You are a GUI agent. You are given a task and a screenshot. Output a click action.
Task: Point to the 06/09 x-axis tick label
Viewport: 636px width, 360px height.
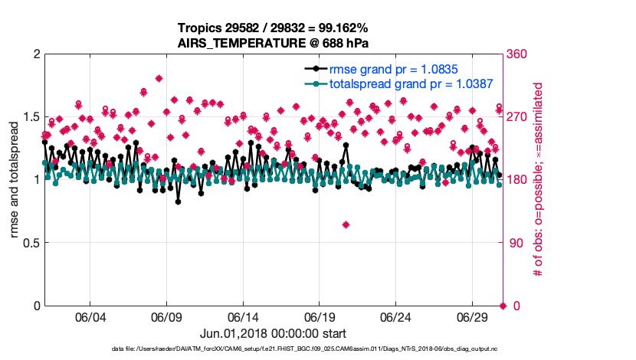pos(166,317)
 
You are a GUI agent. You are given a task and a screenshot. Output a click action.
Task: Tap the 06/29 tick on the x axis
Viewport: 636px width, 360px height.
pos(472,317)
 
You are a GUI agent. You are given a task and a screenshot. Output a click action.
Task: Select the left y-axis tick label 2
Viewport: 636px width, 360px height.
pos(35,54)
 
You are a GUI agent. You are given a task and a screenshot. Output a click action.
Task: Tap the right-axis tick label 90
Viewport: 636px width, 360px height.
pos(516,243)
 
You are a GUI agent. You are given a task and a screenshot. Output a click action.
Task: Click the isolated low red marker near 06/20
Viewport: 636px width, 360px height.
pos(346,224)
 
